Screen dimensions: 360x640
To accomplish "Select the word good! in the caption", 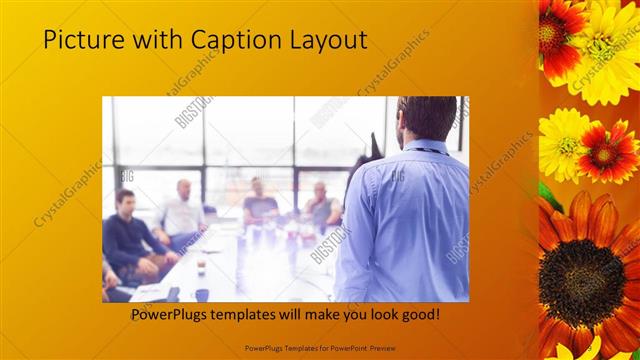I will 417,316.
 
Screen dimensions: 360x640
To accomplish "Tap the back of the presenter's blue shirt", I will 410,220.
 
